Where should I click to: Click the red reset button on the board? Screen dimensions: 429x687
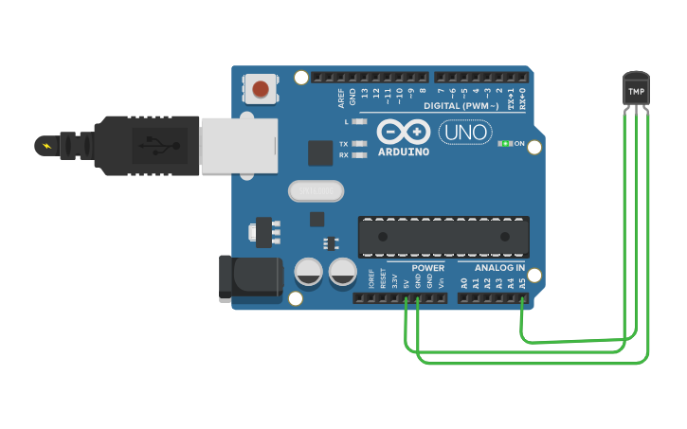[x=261, y=90]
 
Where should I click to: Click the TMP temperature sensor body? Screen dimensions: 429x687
[x=636, y=90]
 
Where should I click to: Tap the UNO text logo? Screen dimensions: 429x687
[x=464, y=133]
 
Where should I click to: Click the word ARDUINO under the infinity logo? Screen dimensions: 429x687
[x=404, y=152]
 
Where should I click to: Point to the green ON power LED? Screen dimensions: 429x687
[x=505, y=144]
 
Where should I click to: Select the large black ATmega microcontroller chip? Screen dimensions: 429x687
[x=443, y=237]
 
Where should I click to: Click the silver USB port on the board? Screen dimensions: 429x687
[x=239, y=146]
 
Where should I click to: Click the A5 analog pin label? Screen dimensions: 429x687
[x=522, y=282]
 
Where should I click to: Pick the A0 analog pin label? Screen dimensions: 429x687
[x=463, y=282]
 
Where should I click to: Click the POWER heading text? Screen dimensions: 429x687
[x=428, y=268]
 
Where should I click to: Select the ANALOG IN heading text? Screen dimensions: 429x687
[x=499, y=268]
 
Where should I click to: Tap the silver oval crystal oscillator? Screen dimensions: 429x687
[x=316, y=191]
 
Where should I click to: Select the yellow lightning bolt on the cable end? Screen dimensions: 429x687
[x=45, y=146]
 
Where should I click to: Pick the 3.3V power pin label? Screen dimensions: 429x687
[x=395, y=281]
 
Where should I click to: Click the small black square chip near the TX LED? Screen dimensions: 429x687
[x=321, y=153]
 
